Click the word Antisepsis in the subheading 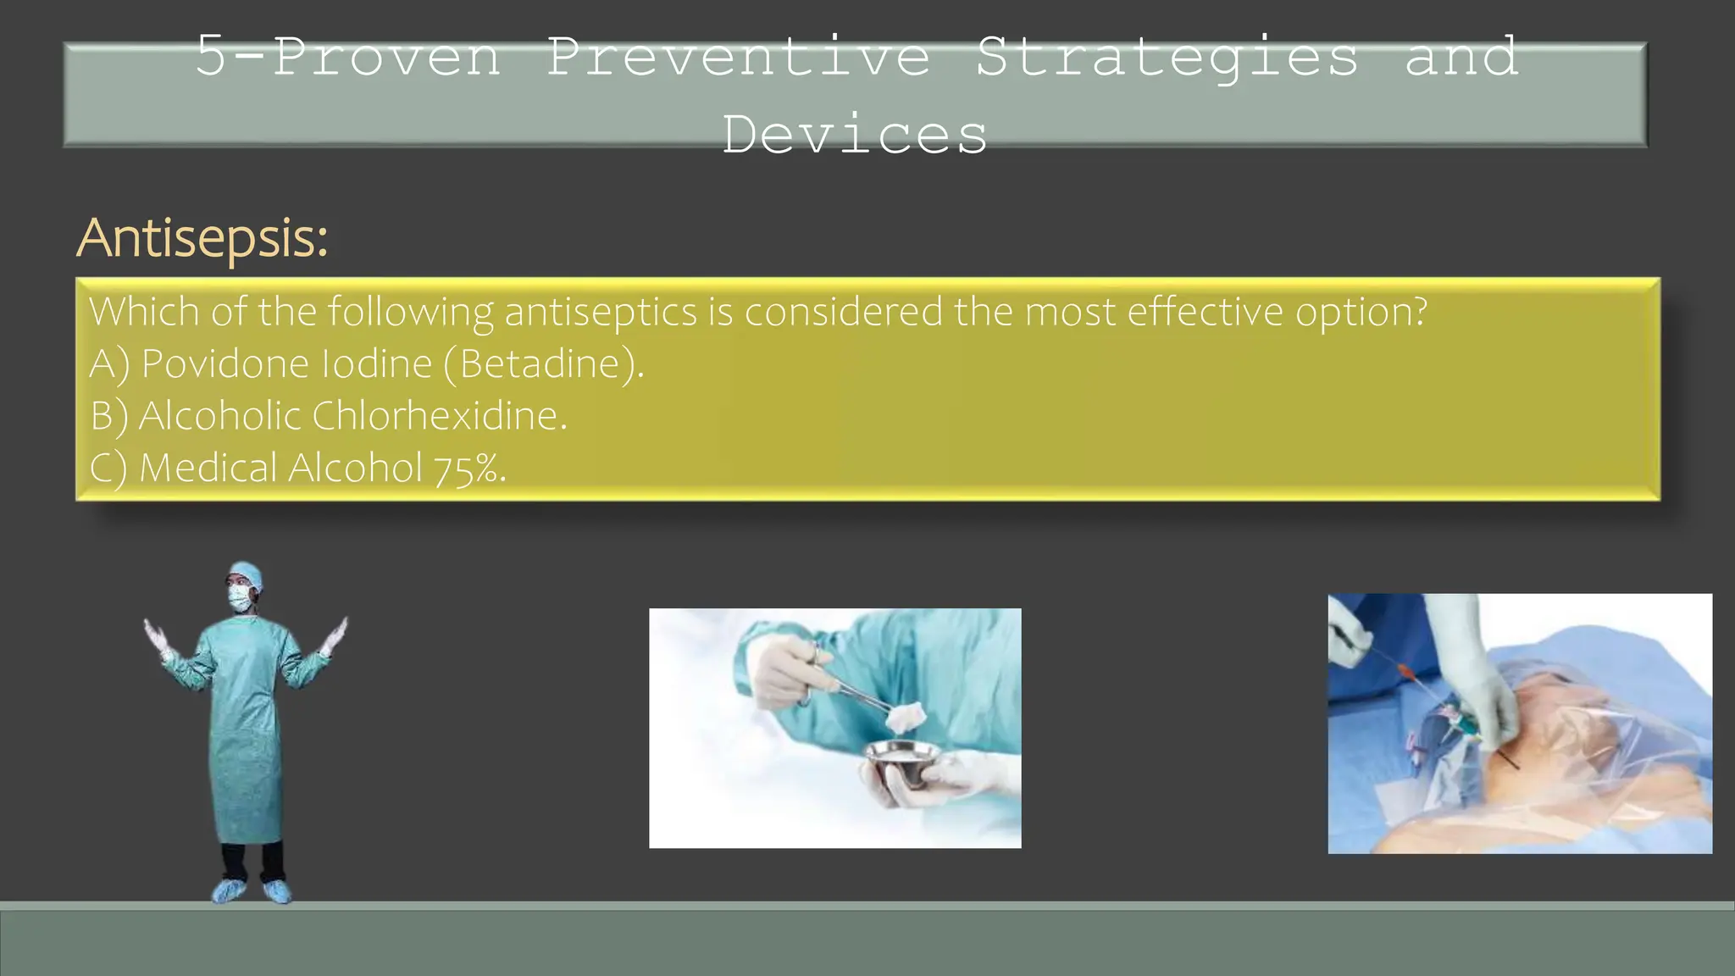coord(200,238)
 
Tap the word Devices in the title coord(855,135)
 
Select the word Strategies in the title coord(1167,57)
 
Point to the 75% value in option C coord(468,469)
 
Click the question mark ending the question coord(1420,312)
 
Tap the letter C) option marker coord(108,469)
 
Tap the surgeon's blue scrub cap coord(247,573)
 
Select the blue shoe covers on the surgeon coord(252,890)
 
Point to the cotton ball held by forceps coord(904,718)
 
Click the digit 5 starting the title coord(211,57)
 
